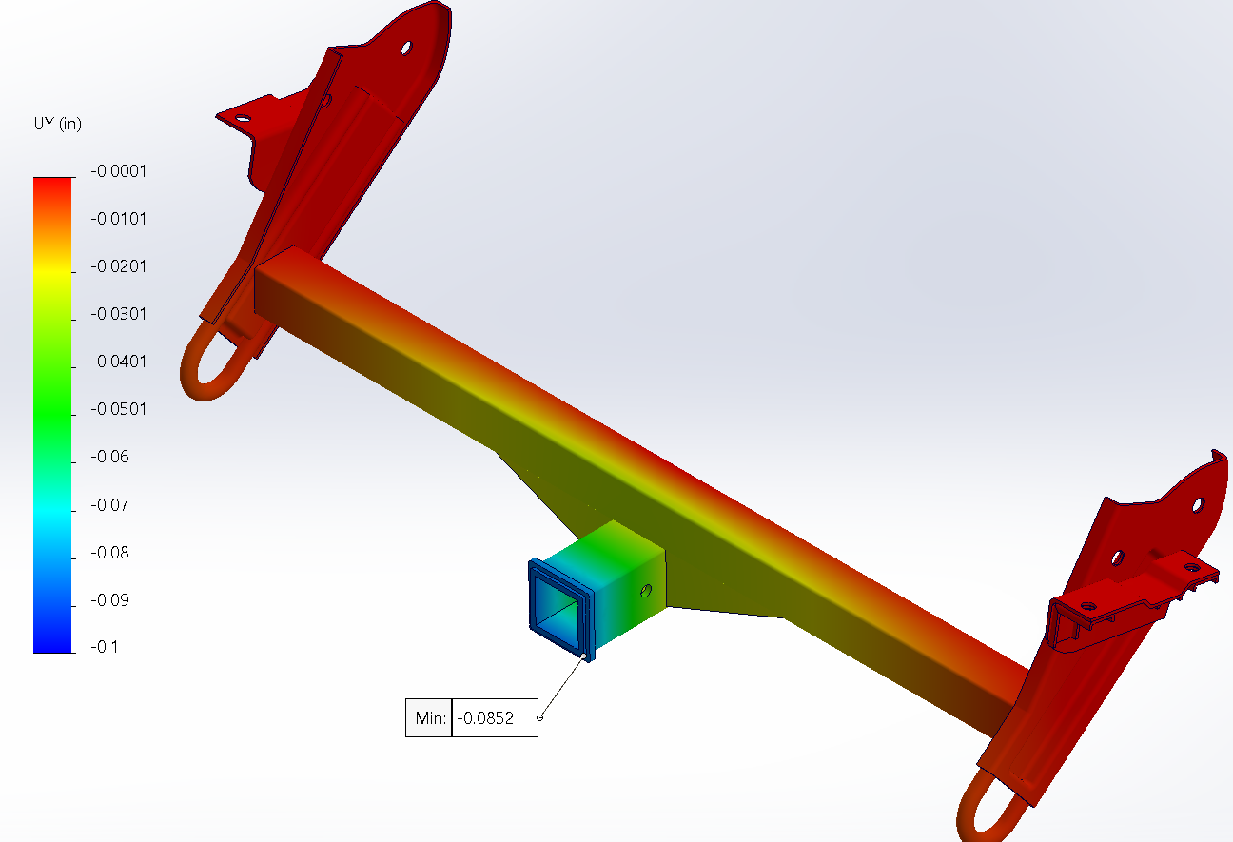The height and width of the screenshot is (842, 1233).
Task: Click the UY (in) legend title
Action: point(56,126)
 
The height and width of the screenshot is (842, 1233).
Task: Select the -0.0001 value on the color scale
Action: point(118,171)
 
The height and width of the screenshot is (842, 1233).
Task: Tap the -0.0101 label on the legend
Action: point(118,219)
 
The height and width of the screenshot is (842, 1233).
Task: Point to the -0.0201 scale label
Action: point(118,266)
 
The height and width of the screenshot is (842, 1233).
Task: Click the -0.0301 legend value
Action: point(118,314)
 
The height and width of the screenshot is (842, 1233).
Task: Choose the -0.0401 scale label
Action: point(118,362)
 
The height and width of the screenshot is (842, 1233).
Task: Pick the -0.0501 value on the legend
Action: point(118,409)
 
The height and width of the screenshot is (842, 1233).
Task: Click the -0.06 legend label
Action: point(109,457)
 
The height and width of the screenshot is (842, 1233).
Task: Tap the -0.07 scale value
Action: point(109,504)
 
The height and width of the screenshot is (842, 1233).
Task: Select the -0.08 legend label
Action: point(109,553)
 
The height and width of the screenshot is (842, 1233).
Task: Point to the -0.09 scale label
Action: point(109,600)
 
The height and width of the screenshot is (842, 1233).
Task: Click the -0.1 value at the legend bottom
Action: point(106,648)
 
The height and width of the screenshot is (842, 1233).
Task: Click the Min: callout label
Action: point(429,718)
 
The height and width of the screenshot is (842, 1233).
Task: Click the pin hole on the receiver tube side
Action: point(647,591)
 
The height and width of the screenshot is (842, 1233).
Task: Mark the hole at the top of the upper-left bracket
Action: point(405,47)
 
